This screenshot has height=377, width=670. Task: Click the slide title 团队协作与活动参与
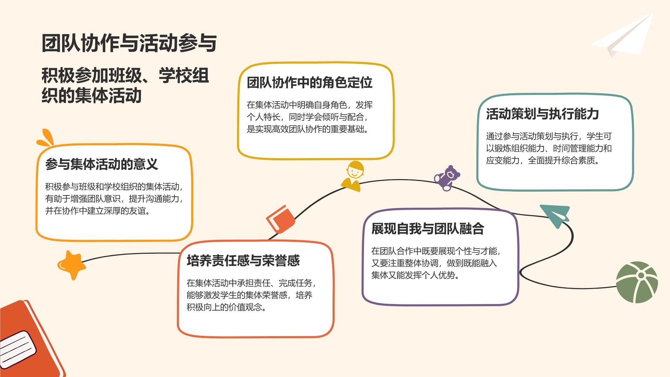(129, 43)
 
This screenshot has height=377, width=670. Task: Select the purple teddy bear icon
(447, 178)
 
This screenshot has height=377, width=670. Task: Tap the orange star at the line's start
(72, 265)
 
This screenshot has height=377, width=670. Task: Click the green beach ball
(636, 282)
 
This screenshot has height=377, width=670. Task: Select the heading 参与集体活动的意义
(102, 164)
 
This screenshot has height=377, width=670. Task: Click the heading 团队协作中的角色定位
(310, 83)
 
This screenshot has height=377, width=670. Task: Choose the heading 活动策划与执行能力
(542, 114)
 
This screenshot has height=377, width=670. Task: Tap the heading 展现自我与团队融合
(427, 229)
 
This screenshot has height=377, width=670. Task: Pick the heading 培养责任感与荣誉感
(243, 261)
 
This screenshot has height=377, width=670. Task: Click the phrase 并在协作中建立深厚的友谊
(98, 211)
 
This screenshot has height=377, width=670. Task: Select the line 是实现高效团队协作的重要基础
(308, 129)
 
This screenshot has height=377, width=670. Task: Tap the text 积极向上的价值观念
(226, 307)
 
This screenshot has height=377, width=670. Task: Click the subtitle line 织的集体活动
(91, 95)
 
